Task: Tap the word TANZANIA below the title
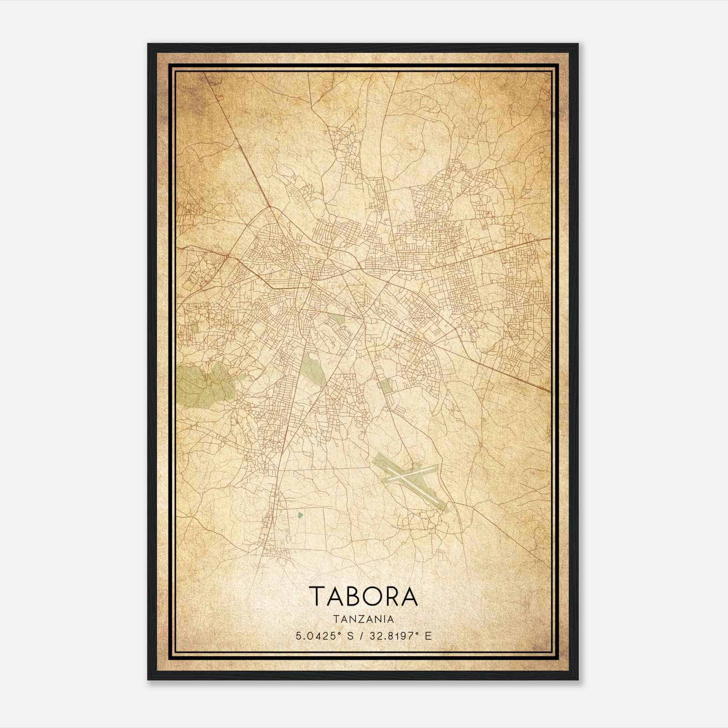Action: tap(363, 619)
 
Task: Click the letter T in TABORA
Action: tap(317, 596)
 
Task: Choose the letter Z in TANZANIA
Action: tap(359, 619)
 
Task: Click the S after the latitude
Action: tap(349, 636)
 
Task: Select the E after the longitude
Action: tap(427, 636)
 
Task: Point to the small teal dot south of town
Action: tap(299, 516)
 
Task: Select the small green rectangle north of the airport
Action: tap(385, 386)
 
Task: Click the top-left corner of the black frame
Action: tap(148, 44)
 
